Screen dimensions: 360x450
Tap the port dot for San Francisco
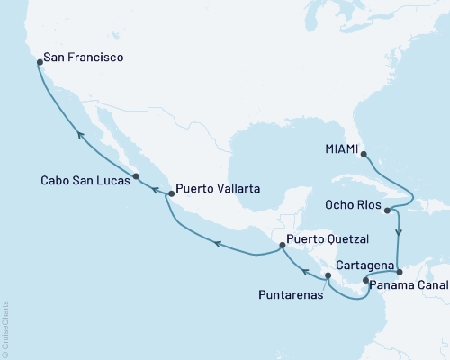(40, 63)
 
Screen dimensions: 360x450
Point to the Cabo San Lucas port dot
(136, 176)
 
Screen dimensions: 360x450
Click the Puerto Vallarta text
(219, 189)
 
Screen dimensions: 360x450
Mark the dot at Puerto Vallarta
(171, 193)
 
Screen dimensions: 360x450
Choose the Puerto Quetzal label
(328, 241)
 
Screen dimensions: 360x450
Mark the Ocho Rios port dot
(387, 211)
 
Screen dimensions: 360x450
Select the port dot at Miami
(364, 154)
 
